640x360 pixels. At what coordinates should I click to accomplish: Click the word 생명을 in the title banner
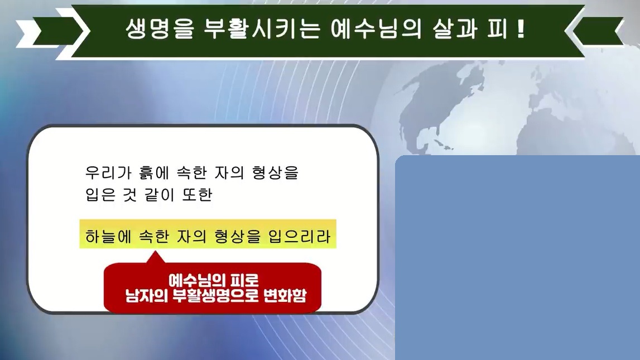159,29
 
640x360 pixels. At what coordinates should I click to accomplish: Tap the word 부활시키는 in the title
262,29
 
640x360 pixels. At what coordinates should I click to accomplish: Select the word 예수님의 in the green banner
376,29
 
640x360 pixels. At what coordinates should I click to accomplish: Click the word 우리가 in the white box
108,172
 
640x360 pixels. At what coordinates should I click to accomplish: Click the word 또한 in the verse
197,195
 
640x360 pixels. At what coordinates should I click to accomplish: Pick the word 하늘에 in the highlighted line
108,236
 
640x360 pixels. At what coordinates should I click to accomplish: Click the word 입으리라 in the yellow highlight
299,236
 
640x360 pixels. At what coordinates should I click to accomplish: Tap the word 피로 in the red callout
244,280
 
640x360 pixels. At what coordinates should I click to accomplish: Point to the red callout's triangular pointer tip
155,252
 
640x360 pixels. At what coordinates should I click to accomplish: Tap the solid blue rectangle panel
517,257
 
